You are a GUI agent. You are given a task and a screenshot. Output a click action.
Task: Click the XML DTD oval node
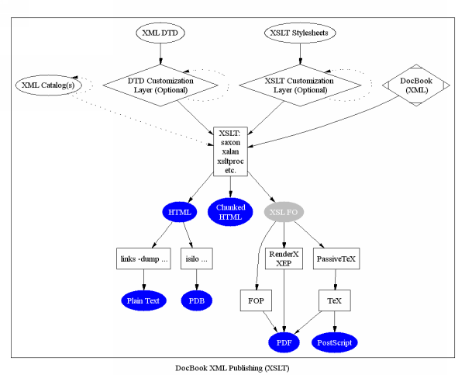coord(160,33)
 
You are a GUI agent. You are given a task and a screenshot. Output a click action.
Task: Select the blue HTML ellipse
coord(179,212)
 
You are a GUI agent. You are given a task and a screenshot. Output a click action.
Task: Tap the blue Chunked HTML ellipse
coord(230,212)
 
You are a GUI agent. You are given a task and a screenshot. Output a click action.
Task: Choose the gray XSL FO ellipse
coord(284,212)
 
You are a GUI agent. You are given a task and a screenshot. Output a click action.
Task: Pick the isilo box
coord(196,259)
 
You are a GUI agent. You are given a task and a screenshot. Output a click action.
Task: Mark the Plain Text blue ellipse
coord(143,300)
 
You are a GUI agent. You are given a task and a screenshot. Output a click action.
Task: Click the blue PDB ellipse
coord(196,300)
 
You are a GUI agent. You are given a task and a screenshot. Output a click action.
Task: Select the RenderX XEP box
coord(284,259)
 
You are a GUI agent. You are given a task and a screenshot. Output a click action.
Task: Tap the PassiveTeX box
coord(336,259)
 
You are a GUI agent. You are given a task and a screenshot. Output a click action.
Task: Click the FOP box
coord(256,300)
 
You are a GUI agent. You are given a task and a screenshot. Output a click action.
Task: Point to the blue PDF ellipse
coord(284,341)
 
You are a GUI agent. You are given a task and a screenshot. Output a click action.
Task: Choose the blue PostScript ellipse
coord(336,341)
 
